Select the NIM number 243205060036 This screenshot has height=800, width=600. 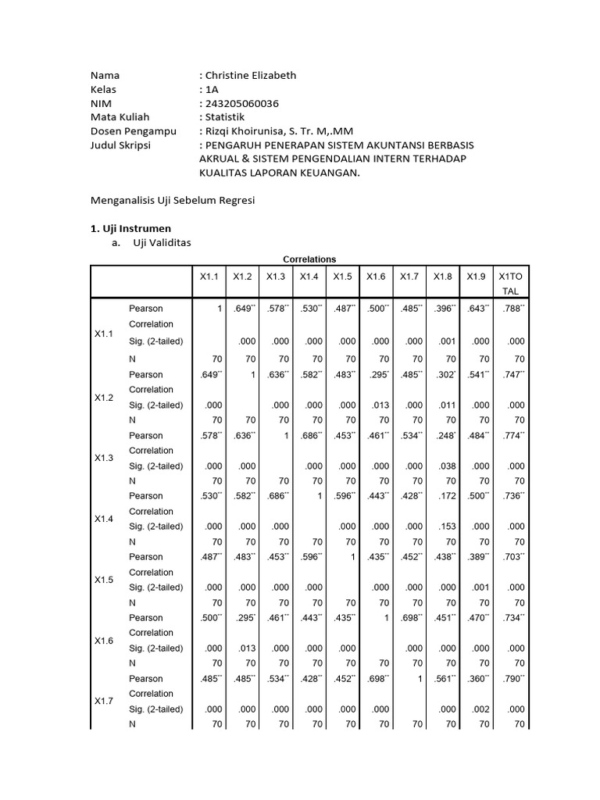[242, 103]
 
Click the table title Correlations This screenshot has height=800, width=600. [309, 259]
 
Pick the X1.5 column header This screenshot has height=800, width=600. [343, 276]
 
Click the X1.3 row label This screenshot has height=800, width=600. [104, 458]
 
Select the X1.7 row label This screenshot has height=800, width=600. [104, 701]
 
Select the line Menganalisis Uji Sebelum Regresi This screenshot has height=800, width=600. [173, 201]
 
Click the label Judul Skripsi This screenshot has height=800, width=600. [120, 145]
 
